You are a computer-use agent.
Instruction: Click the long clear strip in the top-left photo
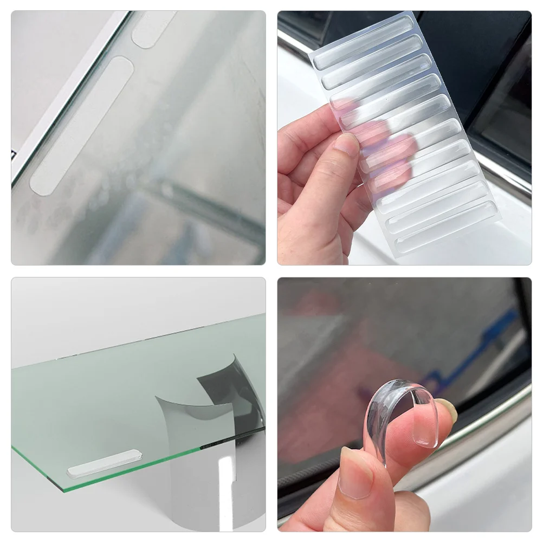pyautogui.click(x=81, y=126)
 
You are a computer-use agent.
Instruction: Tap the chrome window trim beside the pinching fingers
pyautogui.click(x=488, y=417)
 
